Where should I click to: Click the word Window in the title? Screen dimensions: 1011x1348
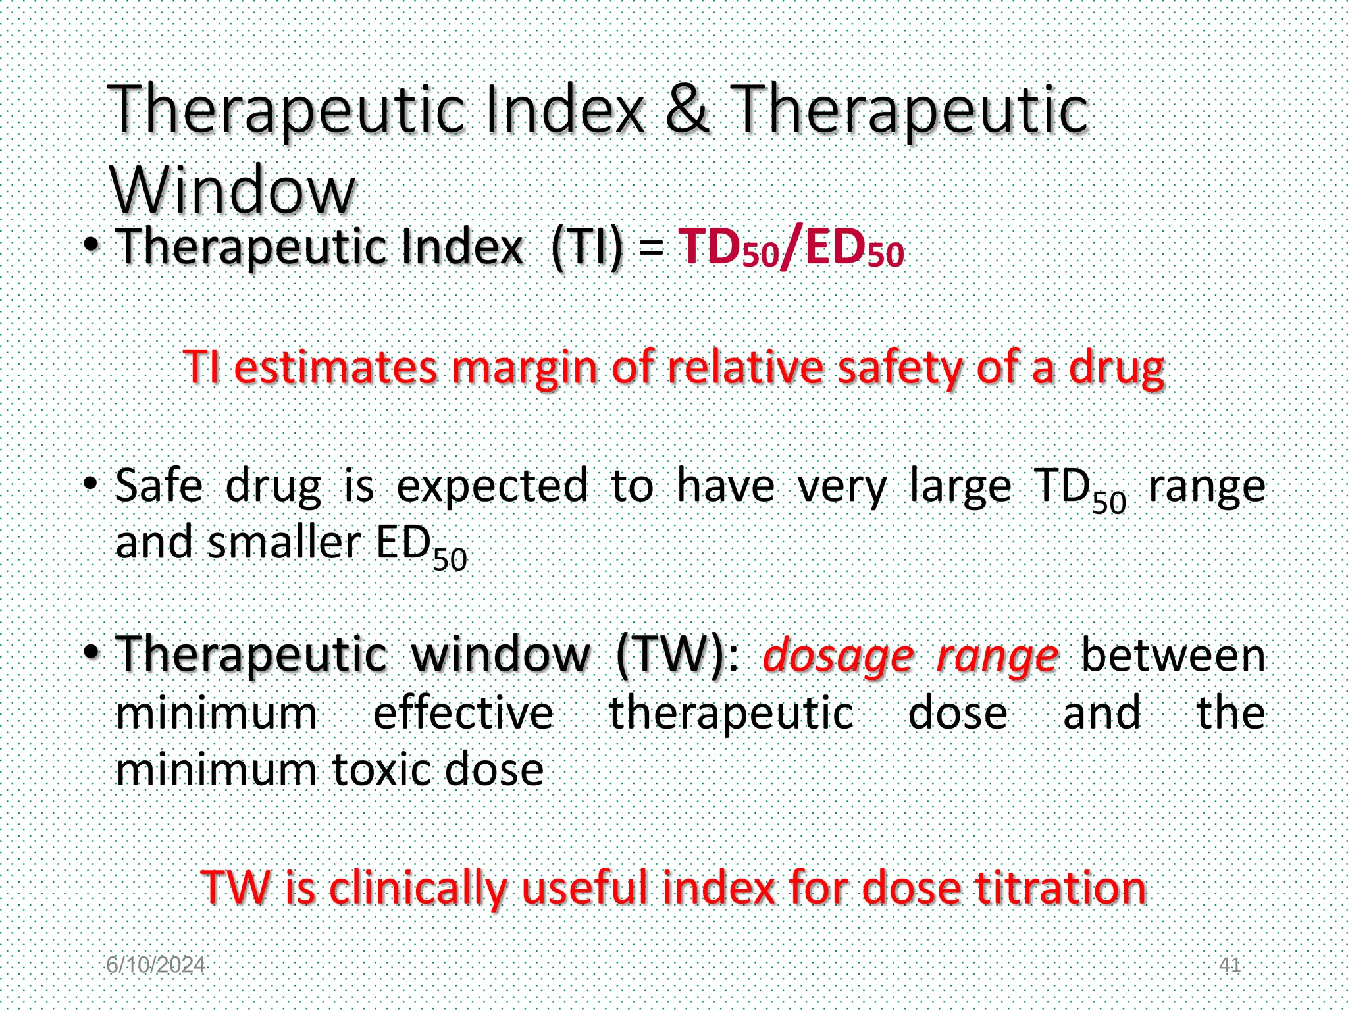point(232,190)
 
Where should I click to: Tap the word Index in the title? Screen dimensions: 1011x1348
point(563,109)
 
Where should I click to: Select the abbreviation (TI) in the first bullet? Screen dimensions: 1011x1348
point(586,247)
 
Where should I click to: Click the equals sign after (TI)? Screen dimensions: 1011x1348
point(650,248)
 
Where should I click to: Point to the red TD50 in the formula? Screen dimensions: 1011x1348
point(729,248)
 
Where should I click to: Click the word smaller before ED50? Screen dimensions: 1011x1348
point(284,543)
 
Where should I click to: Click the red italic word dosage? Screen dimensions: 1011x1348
point(838,656)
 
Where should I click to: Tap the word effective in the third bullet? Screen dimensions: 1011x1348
point(463,713)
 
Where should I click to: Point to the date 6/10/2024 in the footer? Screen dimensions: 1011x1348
point(155,965)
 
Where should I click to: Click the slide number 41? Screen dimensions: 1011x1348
point(1230,965)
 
